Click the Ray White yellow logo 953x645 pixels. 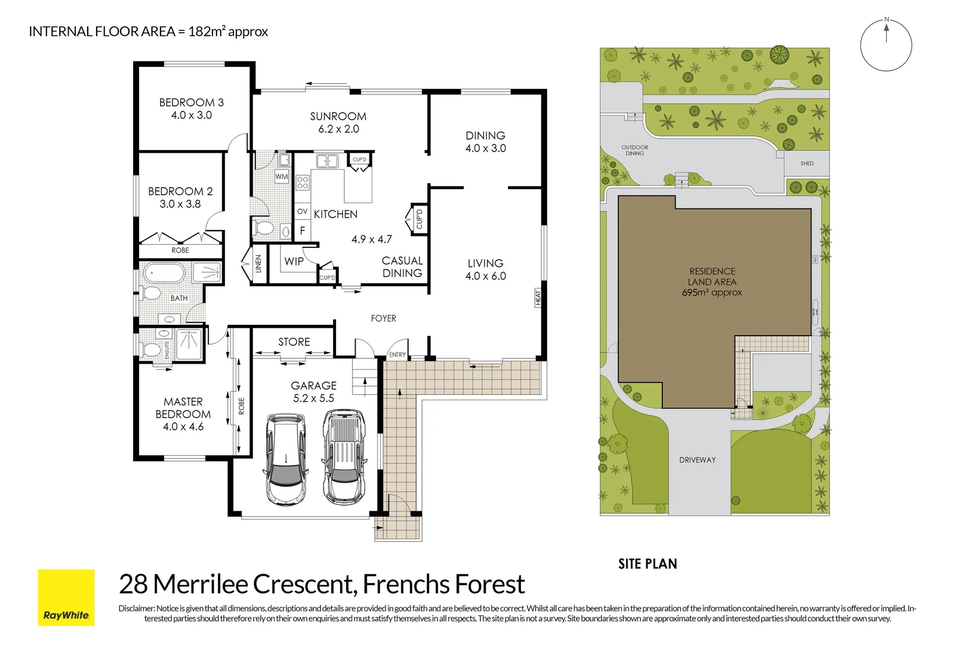pos(66,597)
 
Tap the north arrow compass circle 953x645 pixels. pos(886,45)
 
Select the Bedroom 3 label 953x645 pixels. pos(191,102)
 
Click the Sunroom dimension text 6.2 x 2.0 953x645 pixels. pos(338,129)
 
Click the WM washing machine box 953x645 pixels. pos(282,177)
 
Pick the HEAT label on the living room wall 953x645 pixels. pos(538,297)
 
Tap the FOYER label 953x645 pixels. pos(383,318)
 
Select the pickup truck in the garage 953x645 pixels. pos(343,456)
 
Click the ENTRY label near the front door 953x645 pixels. pos(397,355)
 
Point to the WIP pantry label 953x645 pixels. pos(294,261)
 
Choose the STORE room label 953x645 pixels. pos(294,342)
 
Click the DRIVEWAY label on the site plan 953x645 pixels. pos(697,460)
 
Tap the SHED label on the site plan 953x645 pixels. pos(807,163)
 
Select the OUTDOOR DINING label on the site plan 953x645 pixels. pos(634,150)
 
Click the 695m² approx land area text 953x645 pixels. pos(712,293)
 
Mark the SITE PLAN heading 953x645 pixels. pos(647,564)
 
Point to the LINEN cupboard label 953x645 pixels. pos(258,263)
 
